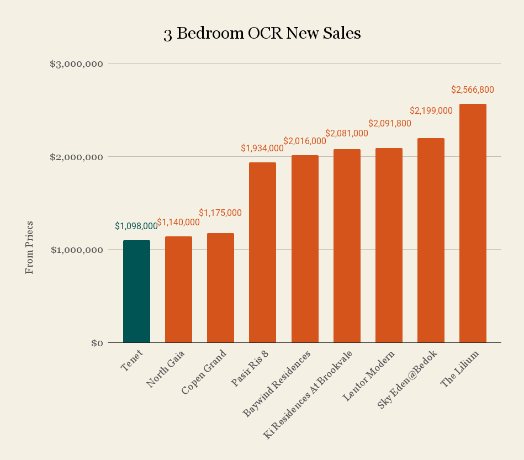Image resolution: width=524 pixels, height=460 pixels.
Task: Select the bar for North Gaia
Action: click(178, 289)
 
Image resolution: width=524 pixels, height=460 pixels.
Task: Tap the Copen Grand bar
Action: click(220, 288)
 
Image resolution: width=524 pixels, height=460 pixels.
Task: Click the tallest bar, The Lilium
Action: click(473, 223)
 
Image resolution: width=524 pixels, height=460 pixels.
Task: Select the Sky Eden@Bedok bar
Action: click(431, 240)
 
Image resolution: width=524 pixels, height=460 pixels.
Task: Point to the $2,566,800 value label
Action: click(473, 89)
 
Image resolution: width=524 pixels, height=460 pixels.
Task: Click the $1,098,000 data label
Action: click(136, 226)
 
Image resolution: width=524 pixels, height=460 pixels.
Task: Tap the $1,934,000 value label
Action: click(262, 148)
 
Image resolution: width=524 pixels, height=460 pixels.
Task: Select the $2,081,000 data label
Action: click(347, 133)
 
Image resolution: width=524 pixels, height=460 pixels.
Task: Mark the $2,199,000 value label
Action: click(431, 110)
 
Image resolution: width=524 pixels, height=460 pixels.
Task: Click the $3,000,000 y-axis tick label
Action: click(77, 64)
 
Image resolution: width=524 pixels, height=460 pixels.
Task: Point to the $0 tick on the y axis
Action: click(97, 343)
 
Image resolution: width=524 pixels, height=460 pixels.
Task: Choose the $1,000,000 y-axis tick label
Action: click(77, 250)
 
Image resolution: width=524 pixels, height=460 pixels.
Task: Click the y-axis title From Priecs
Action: click(30, 247)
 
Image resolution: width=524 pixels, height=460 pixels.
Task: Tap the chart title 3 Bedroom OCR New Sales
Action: click(262, 34)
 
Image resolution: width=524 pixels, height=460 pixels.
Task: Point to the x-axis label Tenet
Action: click(132, 360)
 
